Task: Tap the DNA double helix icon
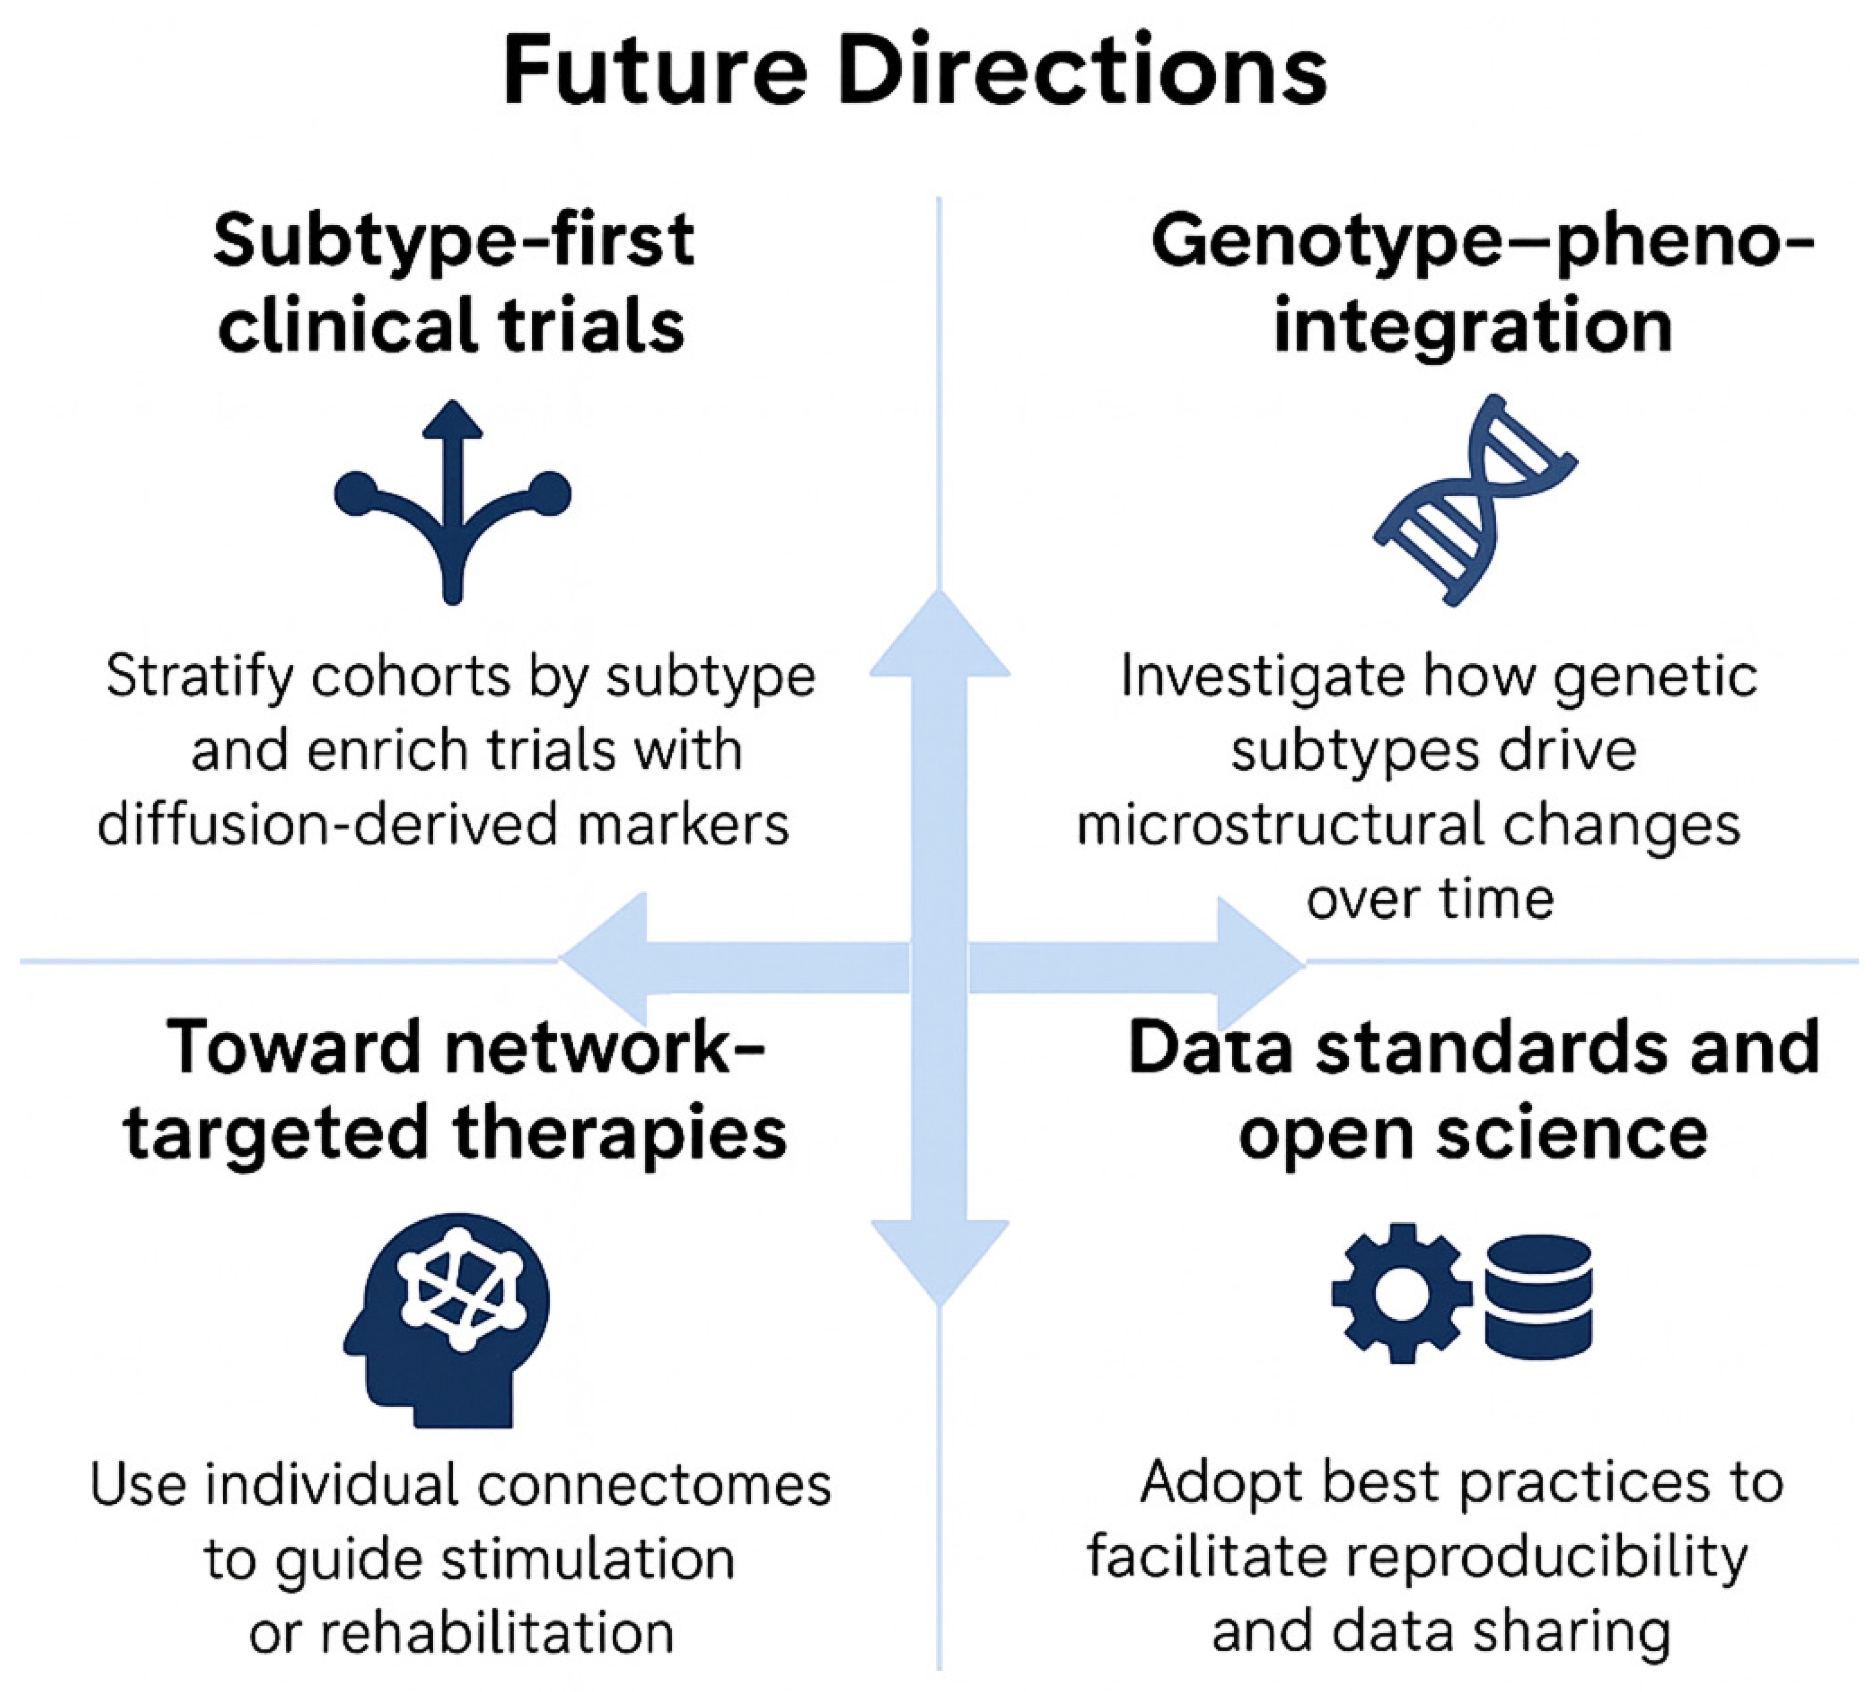(x=1475, y=500)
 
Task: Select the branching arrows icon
(x=453, y=502)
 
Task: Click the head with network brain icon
(x=446, y=1320)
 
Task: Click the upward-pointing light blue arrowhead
(x=940, y=632)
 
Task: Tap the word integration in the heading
(x=1473, y=327)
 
